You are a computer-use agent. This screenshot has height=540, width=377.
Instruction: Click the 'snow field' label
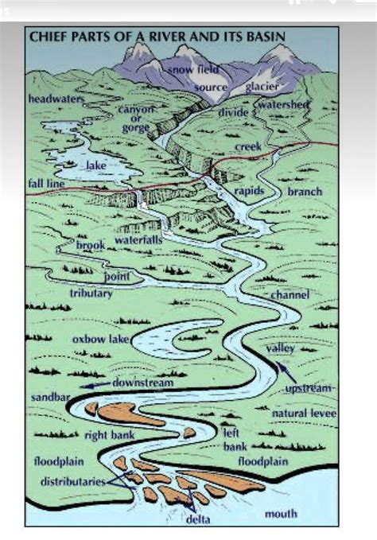190,72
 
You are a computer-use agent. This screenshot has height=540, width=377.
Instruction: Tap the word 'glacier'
260,87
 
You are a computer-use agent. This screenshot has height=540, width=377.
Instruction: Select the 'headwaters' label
56,99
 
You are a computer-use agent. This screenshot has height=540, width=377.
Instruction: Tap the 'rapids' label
249,192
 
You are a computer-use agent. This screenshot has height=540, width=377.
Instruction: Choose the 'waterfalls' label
138,239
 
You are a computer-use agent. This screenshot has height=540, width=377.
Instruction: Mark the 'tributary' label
91,293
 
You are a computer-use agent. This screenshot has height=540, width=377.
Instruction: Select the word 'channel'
290,294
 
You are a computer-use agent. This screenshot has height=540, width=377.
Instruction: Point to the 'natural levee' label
304,414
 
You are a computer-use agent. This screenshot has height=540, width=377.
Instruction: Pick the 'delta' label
198,520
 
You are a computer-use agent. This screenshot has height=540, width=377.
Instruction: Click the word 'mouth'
281,514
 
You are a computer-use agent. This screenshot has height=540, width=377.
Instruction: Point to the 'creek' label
248,146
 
